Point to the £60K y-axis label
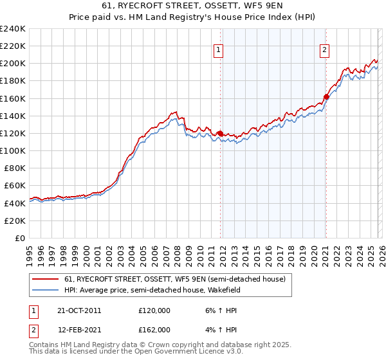[x=15, y=186]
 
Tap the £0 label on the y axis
[x=21, y=238]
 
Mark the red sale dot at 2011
[x=220, y=134]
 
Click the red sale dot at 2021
[x=326, y=97]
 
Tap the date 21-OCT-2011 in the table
[x=78, y=310]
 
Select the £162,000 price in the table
[x=154, y=330]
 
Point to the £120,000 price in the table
[x=154, y=310]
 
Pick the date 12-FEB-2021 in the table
[x=78, y=330]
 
